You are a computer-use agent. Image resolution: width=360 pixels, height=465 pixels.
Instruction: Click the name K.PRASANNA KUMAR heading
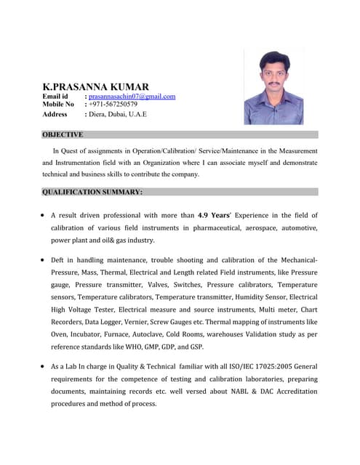98,86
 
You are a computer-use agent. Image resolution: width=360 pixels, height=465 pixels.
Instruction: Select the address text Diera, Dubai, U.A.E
117,114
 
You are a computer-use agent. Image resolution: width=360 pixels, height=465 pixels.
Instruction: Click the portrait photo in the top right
273,88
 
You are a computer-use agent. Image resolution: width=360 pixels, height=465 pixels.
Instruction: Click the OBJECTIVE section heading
63,134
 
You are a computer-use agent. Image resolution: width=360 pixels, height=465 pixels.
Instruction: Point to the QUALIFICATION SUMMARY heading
92,192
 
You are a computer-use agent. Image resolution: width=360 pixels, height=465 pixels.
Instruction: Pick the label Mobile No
58,105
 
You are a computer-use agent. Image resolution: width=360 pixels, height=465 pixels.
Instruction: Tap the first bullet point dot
44,216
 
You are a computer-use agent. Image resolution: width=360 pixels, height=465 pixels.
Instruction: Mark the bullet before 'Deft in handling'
44,259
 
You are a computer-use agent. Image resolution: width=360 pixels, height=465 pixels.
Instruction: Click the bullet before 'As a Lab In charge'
44,367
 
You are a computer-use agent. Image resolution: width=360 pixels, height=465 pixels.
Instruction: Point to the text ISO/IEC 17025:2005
259,367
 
